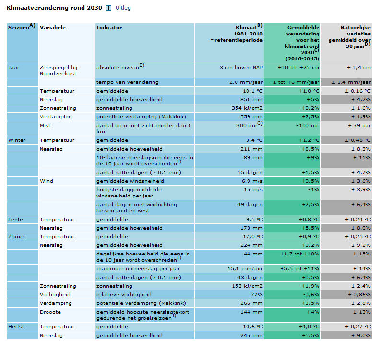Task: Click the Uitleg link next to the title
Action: coord(123,8)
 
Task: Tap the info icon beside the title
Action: coord(108,8)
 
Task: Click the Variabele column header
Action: coord(53,27)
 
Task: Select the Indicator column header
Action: coord(109,27)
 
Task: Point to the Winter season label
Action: coord(17,140)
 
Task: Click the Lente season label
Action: coord(15,220)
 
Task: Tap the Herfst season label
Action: coord(16,327)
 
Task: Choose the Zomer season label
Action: coord(17,236)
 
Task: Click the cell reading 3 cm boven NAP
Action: coord(241,68)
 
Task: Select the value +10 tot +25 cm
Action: coord(298,68)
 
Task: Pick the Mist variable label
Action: coord(45,126)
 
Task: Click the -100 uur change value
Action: coord(308,126)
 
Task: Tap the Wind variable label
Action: coord(47,181)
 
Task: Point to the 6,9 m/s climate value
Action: coord(252,181)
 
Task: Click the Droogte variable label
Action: coord(50,312)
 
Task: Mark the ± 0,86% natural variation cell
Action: coord(359,294)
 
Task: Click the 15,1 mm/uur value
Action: coord(246,269)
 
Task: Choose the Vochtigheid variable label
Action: coord(55,294)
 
